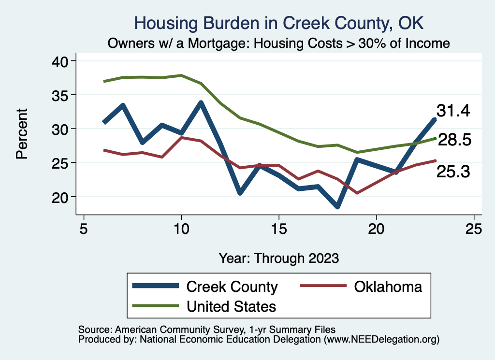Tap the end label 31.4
tap(453, 111)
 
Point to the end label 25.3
tap(453, 171)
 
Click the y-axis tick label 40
tap(60, 61)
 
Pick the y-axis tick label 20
tap(60, 197)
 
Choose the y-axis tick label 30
tap(60, 129)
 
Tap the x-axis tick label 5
tap(84, 229)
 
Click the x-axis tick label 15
tap(278, 229)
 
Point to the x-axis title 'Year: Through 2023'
tap(278, 258)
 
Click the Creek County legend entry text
tap(232, 287)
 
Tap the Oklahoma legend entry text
tap(388, 287)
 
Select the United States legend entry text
tap(231, 306)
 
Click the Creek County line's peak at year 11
tap(201, 103)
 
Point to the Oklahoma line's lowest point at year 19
tap(357, 193)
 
